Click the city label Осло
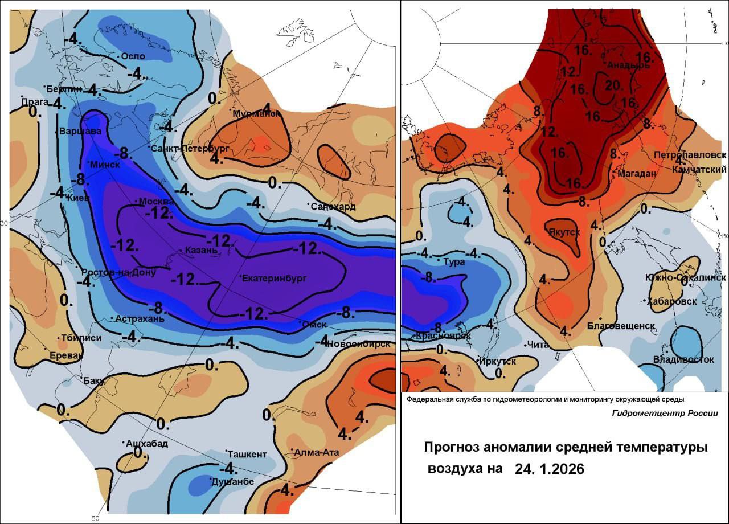[x=133, y=56]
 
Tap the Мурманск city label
[x=257, y=114]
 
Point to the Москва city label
[x=157, y=202]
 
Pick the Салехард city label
[x=333, y=206]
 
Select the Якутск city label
[x=564, y=232]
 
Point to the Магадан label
[x=637, y=174]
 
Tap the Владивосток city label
[x=683, y=359]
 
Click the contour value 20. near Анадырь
[x=612, y=85]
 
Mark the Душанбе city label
[x=232, y=482]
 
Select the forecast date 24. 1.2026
[x=550, y=469]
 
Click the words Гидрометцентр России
[x=665, y=414]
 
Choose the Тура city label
[x=454, y=262]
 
